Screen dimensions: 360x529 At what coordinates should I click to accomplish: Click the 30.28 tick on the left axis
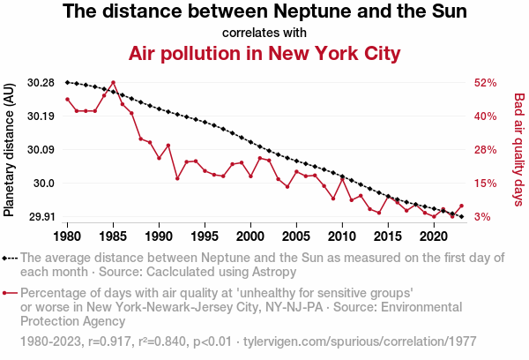[x=41, y=83]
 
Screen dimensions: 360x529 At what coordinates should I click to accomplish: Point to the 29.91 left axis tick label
[x=41, y=216]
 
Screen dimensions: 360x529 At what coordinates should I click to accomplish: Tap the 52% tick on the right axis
[x=486, y=83]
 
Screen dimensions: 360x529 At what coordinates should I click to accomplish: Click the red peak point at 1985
[x=113, y=82]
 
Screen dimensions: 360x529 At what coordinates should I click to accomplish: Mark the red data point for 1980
[x=68, y=99]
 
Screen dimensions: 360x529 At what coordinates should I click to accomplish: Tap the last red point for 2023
[x=461, y=206]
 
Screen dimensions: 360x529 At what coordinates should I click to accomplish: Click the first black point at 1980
[x=68, y=82]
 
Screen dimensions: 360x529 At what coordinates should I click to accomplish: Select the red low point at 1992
[x=177, y=178]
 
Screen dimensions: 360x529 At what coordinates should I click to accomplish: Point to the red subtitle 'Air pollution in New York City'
[x=264, y=53]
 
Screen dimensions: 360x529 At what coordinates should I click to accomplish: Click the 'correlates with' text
[x=264, y=33]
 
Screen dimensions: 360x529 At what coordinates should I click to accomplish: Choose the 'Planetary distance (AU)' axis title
[x=10, y=150]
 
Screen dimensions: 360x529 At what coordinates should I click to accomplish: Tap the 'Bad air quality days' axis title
[x=519, y=150]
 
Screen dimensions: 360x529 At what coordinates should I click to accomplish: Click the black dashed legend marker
[x=10, y=258]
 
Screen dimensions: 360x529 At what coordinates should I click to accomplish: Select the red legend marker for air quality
[x=10, y=293]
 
